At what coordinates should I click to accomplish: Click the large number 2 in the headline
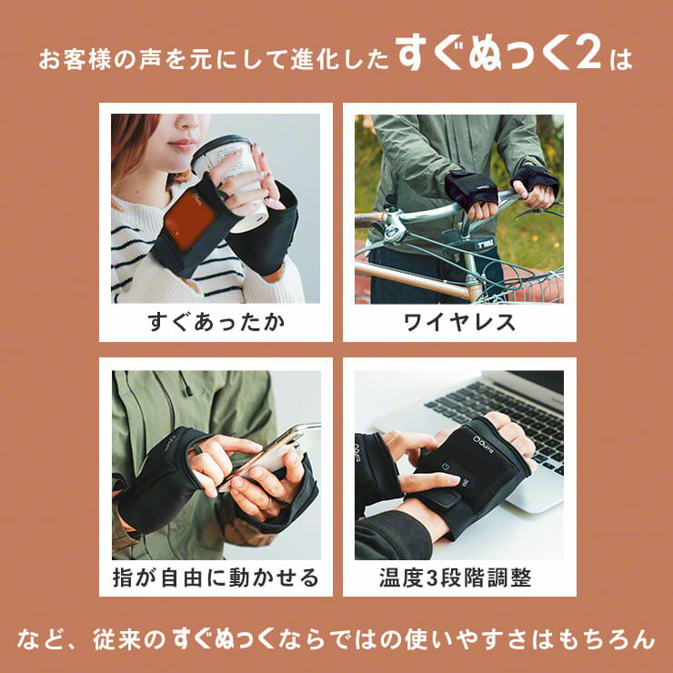[588, 55]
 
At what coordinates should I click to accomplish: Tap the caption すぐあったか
[216, 322]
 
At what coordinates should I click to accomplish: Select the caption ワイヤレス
[459, 322]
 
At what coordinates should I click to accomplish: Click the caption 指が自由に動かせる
[216, 578]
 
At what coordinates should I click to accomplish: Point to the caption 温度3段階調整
[456, 578]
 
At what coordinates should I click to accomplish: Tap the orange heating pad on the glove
[189, 220]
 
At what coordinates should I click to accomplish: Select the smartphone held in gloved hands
[270, 454]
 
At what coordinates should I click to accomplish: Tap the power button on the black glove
[445, 467]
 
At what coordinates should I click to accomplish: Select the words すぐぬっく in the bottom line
[223, 639]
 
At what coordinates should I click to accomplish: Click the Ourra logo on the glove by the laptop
[483, 444]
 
